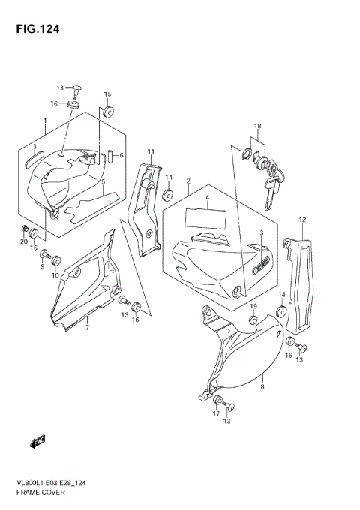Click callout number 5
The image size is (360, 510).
pyautogui.click(x=103, y=181)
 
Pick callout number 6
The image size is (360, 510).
pyautogui.click(x=121, y=155)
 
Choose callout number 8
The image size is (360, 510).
pyautogui.click(x=262, y=387)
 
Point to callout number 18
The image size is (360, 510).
pyautogui.click(x=257, y=126)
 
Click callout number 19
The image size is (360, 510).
pyautogui.click(x=253, y=307)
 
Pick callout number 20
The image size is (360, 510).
pyautogui.click(x=24, y=241)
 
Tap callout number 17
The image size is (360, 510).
pyautogui.click(x=215, y=413)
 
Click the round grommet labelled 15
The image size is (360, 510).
pyautogui.click(x=108, y=112)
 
